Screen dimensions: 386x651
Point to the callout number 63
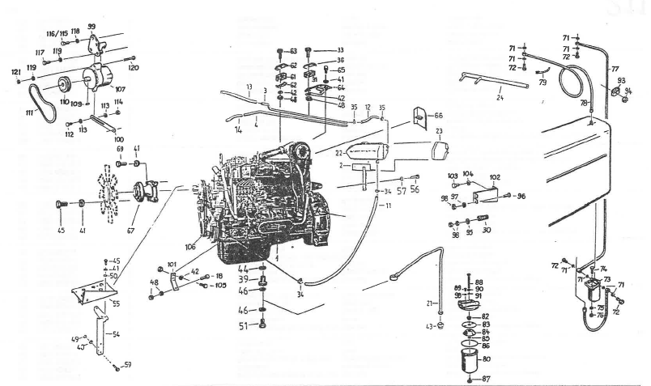(x=293, y=51)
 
